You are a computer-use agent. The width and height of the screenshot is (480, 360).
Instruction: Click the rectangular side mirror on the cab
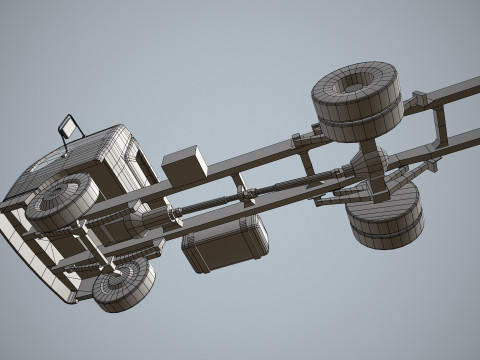pos(69,126)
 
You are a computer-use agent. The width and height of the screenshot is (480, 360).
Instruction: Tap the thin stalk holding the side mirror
pos(66,144)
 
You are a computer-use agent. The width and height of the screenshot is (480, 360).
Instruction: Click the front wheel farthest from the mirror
pos(124,283)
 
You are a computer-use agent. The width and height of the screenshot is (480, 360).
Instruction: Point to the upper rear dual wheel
pos(357,100)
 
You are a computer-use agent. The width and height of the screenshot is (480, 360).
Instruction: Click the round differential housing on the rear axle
pos(369,163)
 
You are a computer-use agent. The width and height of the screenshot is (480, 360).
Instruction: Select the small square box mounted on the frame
pos(185,165)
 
